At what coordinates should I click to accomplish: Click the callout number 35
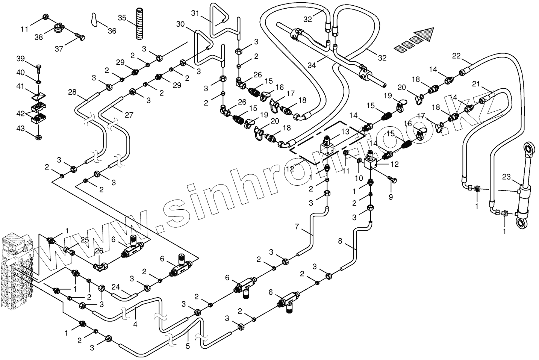tap(122, 18)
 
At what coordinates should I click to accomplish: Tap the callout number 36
tap(112, 31)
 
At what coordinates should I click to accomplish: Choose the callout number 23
tap(506, 176)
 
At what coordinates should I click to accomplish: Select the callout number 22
tap(456, 56)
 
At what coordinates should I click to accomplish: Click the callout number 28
tap(73, 92)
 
